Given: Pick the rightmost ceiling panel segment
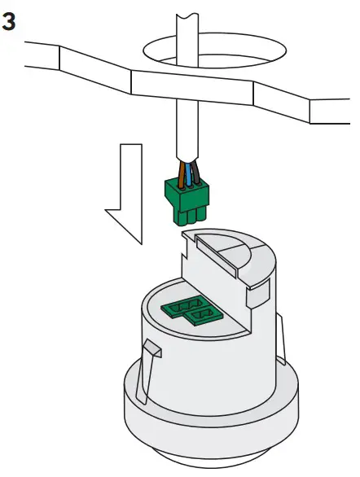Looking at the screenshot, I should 330,109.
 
